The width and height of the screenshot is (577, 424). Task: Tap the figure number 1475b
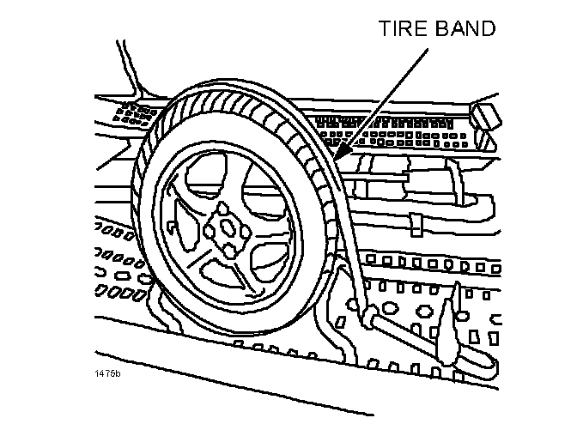109,375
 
